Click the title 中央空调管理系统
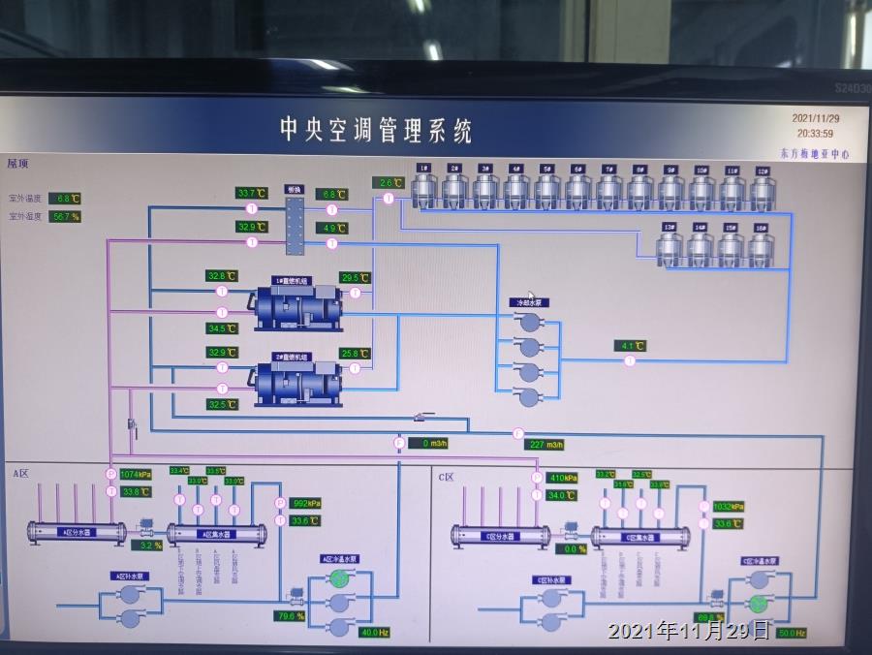click(376, 130)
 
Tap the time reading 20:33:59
click(815, 133)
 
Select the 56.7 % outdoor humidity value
click(65, 216)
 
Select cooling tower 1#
click(423, 190)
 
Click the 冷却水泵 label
click(529, 302)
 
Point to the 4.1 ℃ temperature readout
click(630, 345)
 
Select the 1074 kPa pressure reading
click(136, 475)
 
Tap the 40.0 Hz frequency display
click(373, 632)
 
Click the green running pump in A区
click(339, 578)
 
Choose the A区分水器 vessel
click(77, 532)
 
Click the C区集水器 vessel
click(640, 536)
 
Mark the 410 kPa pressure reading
click(563, 478)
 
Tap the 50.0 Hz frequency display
click(792, 633)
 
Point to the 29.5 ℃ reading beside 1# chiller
click(356, 278)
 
